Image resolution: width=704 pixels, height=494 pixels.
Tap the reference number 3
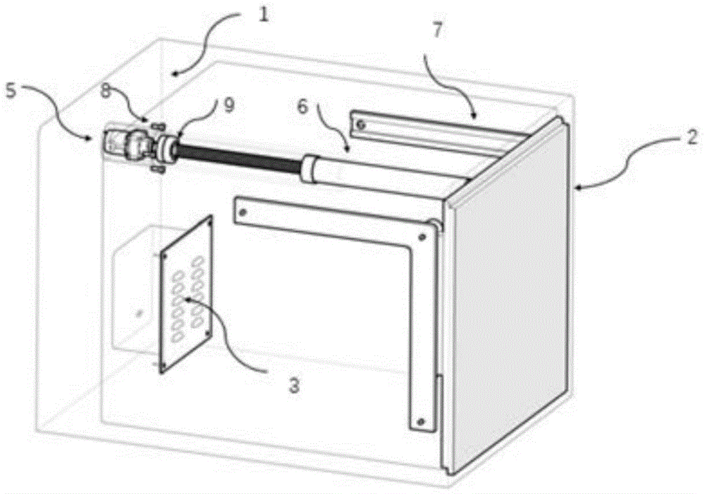pyautogui.click(x=294, y=386)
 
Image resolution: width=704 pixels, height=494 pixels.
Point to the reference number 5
pyautogui.click(x=11, y=91)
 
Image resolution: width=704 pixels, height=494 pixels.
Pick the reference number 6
pyautogui.click(x=303, y=107)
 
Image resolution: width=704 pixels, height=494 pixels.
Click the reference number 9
pyautogui.click(x=229, y=106)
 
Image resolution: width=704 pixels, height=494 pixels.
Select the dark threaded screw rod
pyautogui.click(x=239, y=159)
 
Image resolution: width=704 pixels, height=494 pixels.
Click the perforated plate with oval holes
pyautogui.click(x=187, y=294)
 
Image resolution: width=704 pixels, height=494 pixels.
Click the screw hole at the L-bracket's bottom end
pyautogui.click(x=421, y=422)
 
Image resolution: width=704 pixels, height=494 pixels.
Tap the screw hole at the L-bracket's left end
pyautogui.click(x=243, y=211)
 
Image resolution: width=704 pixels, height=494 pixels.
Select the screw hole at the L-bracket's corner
pyautogui.click(x=422, y=236)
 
